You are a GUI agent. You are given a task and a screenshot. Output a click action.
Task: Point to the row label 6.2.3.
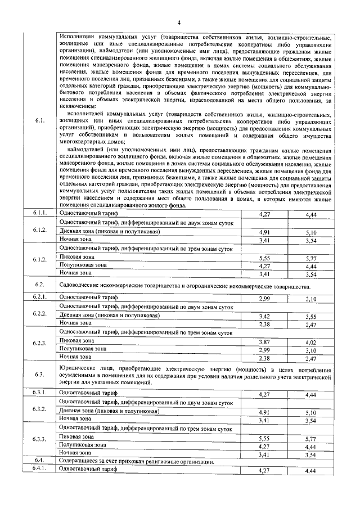(x=39, y=343)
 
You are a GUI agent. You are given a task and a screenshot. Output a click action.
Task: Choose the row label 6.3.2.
(x=39, y=409)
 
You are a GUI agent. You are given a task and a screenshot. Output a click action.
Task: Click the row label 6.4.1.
(x=39, y=469)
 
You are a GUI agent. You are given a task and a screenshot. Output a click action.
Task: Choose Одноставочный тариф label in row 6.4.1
(x=88, y=469)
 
